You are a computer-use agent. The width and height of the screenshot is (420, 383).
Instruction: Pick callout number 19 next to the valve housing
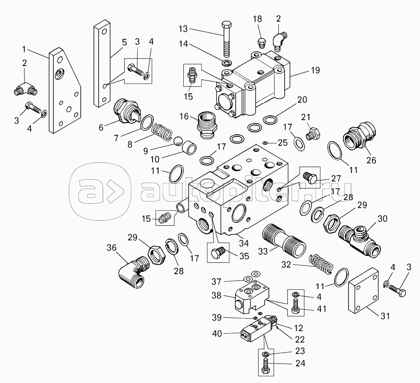pos(302,70)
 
